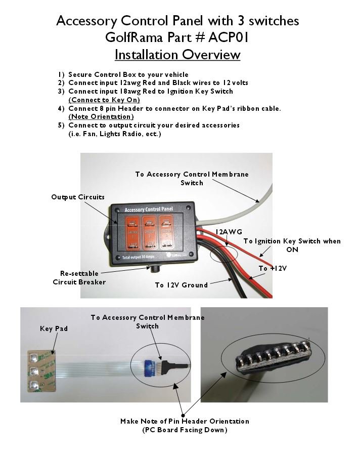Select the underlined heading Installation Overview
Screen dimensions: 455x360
coord(177,54)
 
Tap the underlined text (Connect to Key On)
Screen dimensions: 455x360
coord(104,100)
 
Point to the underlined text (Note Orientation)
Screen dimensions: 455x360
coord(101,116)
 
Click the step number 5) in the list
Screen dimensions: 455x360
coord(61,125)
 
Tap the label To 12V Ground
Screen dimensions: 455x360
coord(181,285)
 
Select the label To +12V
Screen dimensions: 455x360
coord(273,268)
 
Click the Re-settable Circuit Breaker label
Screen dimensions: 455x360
coord(79,277)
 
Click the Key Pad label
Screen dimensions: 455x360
coord(53,328)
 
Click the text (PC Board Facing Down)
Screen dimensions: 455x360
coord(185,430)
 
